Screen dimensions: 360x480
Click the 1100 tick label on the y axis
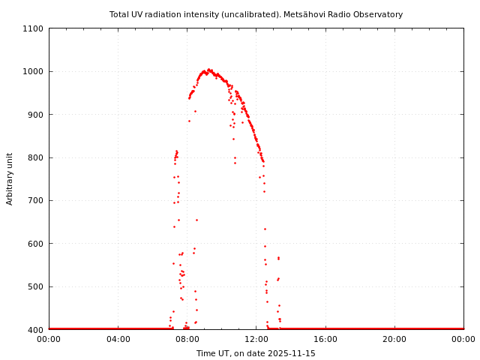(34, 28)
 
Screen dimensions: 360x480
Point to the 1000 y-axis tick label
(34, 72)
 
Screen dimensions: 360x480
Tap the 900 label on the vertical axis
(36, 115)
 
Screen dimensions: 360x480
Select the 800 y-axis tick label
(36, 157)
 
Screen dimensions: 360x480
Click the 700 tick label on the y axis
(36, 200)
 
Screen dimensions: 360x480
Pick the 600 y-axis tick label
(36, 244)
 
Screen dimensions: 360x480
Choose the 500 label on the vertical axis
(36, 286)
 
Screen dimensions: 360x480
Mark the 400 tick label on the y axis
(36, 330)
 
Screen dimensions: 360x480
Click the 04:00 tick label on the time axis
(118, 340)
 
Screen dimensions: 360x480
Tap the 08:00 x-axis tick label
(187, 340)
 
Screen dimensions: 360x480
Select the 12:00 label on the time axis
(256, 340)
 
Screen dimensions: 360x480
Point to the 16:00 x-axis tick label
(325, 340)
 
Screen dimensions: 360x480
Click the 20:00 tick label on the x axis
(394, 340)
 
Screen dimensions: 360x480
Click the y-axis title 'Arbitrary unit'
(10, 179)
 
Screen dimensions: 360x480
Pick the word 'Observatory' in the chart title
(379, 14)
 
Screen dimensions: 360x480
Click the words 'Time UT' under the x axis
(212, 353)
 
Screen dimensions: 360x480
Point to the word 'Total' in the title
(120, 14)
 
